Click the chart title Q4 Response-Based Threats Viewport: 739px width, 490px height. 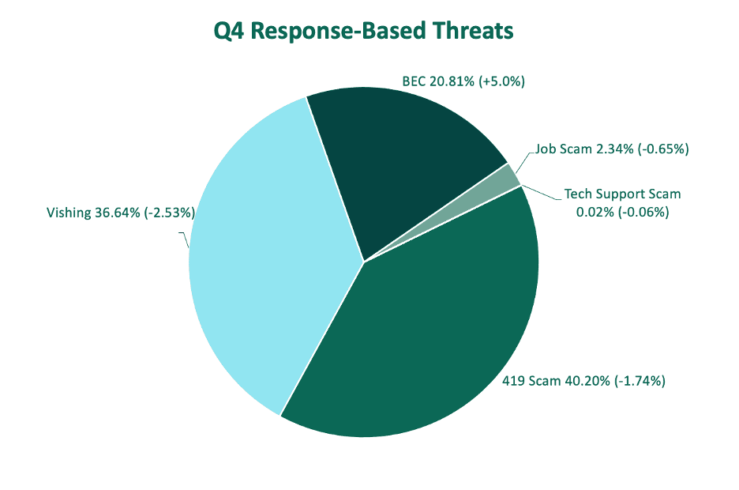[x=363, y=31]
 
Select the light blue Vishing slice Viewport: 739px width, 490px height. [x=264, y=254]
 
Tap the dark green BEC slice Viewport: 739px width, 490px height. [x=400, y=156]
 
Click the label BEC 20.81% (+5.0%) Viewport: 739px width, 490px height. [x=463, y=81]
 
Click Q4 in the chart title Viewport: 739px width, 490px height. [x=229, y=31]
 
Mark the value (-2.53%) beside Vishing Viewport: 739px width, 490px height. [x=170, y=213]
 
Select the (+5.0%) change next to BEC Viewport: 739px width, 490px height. [x=502, y=81]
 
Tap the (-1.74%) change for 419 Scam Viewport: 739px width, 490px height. [x=640, y=381]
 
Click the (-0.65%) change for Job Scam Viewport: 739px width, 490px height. [x=663, y=149]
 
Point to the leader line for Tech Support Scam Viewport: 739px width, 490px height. [x=542, y=193]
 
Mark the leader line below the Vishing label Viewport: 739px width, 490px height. [x=185, y=239]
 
